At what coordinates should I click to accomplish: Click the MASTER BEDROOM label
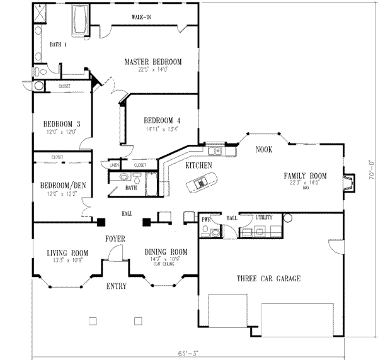[x=152, y=62]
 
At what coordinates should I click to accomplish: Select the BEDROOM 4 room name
[x=162, y=121]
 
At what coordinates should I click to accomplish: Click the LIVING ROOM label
[x=65, y=253]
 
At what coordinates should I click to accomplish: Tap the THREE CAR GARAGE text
[x=268, y=278]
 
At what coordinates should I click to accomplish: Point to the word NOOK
[x=263, y=150]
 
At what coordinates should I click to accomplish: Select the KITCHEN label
[x=198, y=166]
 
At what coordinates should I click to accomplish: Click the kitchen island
[x=201, y=183]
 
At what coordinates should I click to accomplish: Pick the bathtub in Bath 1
[x=81, y=14]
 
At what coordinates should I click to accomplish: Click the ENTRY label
[x=116, y=286]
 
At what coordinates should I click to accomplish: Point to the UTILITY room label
[x=263, y=218]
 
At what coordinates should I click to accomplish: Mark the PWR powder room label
[x=206, y=219]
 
